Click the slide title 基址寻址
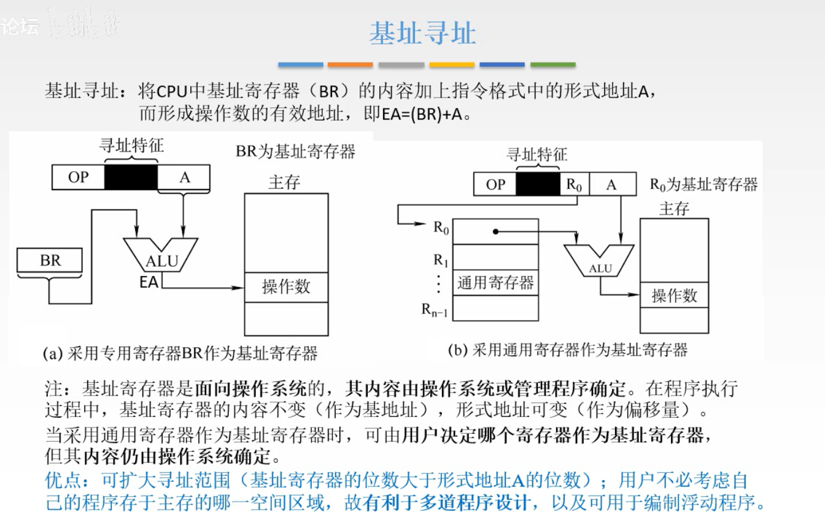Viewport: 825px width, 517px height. [422, 33]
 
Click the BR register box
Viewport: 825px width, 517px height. [50, 261]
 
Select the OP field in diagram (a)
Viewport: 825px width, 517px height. [78, 177]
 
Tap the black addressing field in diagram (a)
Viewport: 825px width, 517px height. [131, 177]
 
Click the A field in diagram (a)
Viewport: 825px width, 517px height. [184, 177]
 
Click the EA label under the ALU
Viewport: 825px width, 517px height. [149, 282]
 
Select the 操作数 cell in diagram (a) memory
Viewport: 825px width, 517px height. [286, 287]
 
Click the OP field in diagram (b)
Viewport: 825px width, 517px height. [495, 185]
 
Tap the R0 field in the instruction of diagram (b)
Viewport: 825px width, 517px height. [574, 185]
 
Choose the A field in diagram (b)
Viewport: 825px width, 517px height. [611, 185]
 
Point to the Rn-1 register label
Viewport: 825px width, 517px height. [434, 310]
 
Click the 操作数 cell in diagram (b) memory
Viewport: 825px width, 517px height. [674, 296]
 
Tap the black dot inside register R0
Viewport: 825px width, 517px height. [494, 232]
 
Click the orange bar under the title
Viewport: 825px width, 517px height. [350, 64]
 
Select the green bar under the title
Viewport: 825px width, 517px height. [553, 64]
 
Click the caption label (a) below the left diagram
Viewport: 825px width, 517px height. [53, 353]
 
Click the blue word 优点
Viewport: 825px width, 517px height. [63, 480]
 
